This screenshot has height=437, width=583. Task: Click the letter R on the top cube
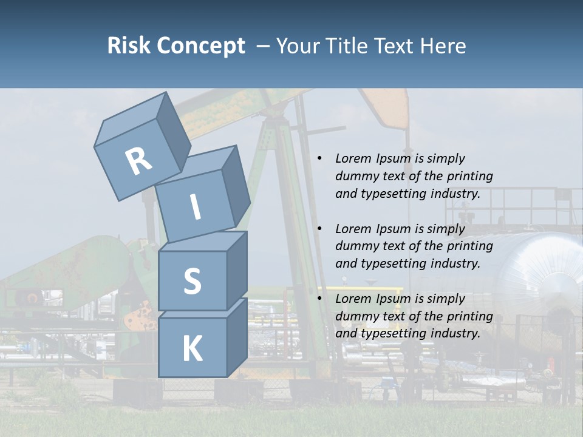click(x=138, y=161)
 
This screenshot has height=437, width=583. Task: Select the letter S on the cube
click(x=192, y=281)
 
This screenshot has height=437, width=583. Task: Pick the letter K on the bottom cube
click(x=192, y=349)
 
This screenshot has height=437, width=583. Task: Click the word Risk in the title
click(x=128, y=46)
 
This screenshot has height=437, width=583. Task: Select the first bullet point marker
click(x=319, y=158)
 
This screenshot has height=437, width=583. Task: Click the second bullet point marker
click(x=319, y=229)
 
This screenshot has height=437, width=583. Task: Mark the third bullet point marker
click(x=319, y=299)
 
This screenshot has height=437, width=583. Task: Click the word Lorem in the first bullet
click(x=353, y=158)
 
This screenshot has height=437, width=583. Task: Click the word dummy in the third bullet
click(x=355, y=316)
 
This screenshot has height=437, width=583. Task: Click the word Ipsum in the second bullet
click(x=393, y=229)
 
